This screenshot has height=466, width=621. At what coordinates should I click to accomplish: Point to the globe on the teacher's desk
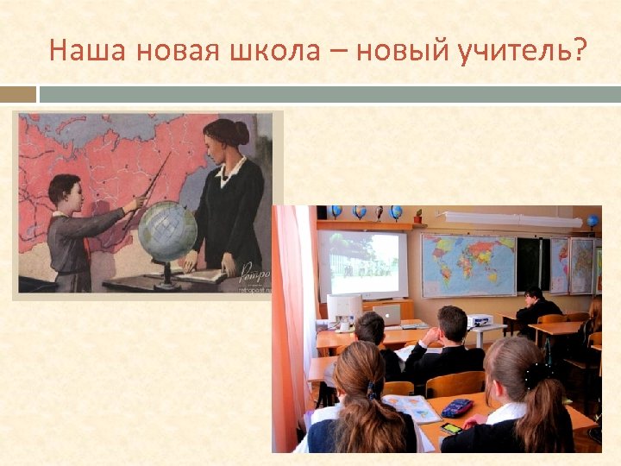coord(167,231)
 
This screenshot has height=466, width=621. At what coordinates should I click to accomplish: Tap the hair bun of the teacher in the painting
coord(241,132)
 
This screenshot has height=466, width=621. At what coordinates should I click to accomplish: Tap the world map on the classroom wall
coord(468,264)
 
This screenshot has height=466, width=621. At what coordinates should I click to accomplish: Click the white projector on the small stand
coord(479,320)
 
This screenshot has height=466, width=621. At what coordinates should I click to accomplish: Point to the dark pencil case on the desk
coord(457,407)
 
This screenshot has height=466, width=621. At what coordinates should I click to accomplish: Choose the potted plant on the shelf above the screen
coord(417,216)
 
